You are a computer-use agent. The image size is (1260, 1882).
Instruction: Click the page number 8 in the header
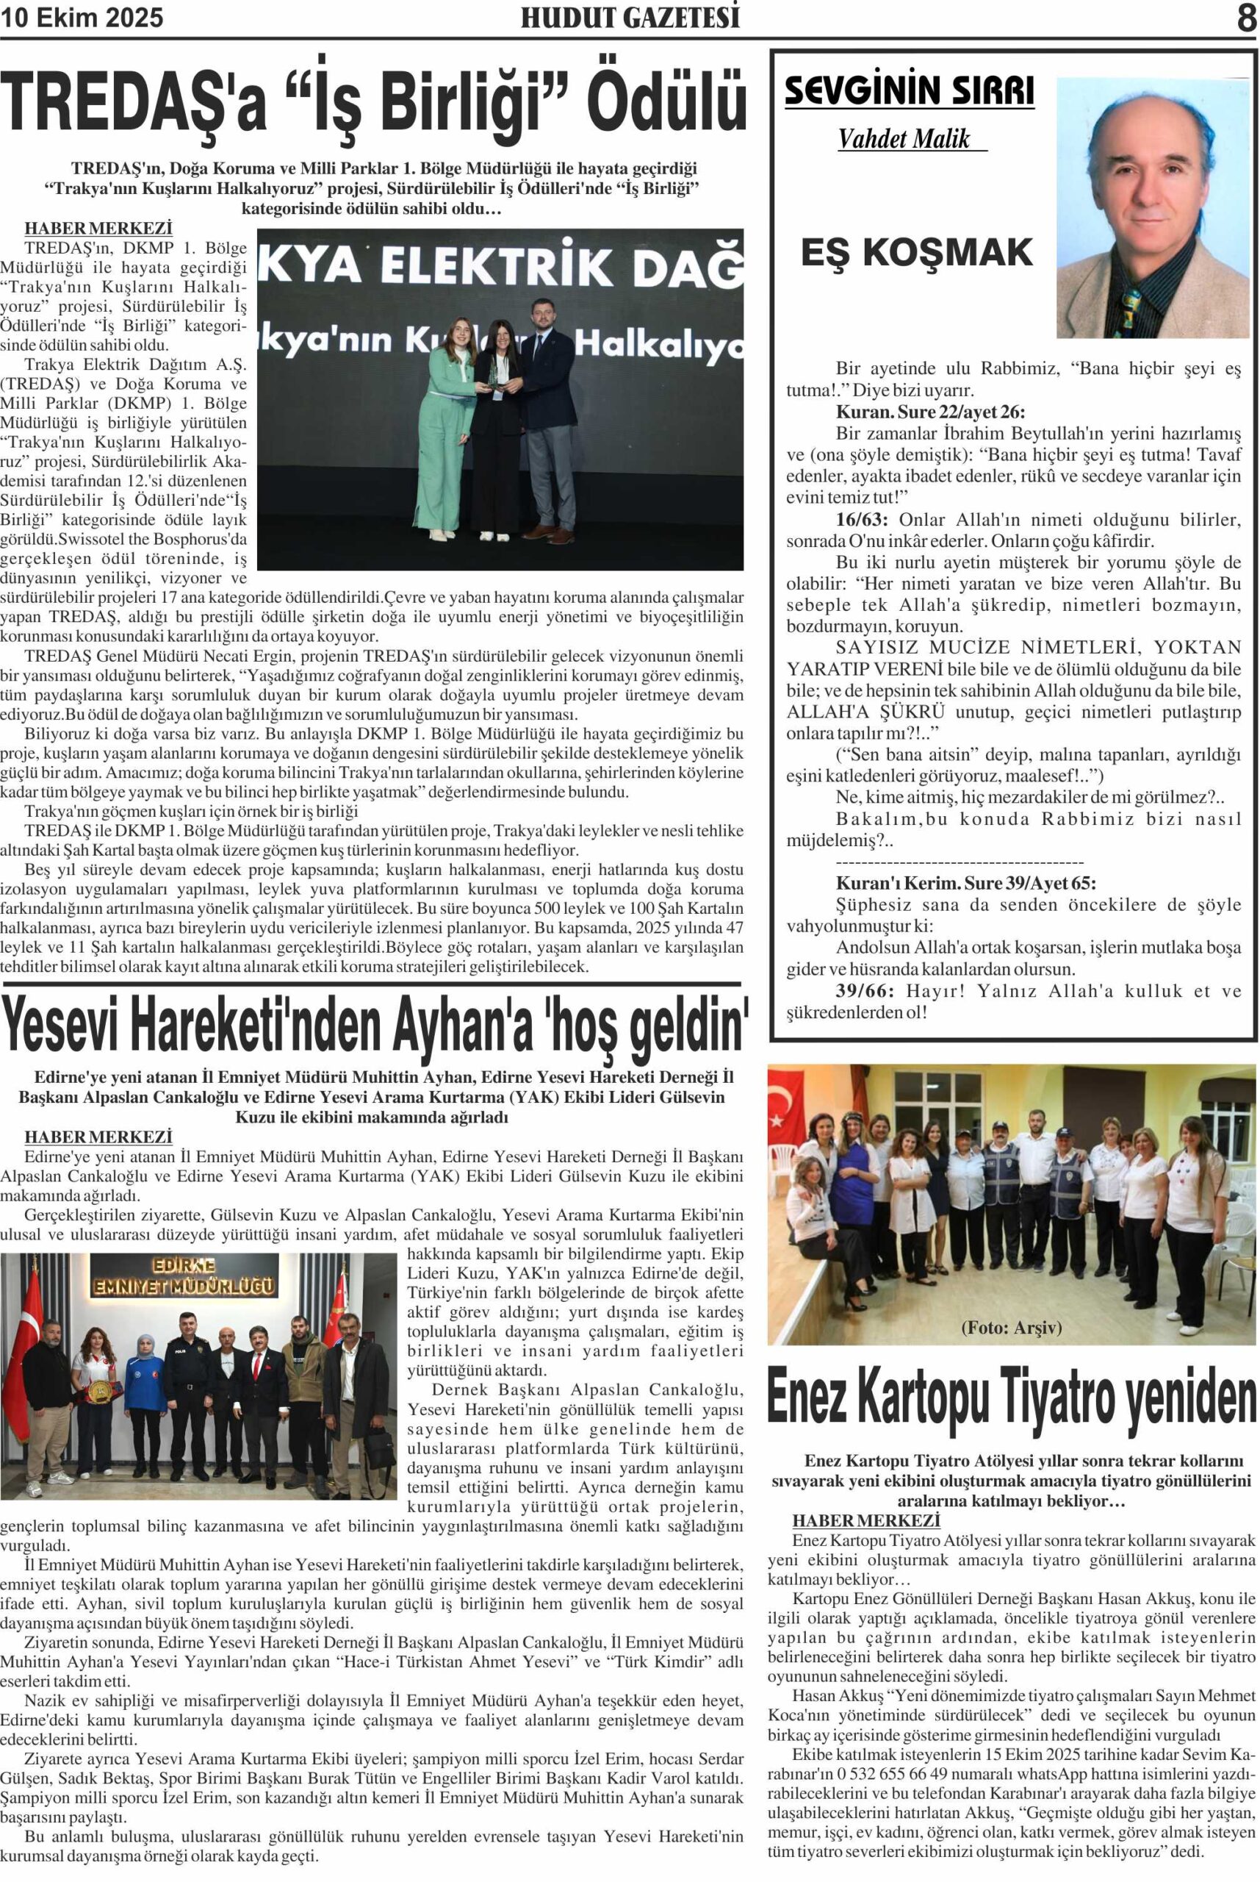click(x=1245, y=18)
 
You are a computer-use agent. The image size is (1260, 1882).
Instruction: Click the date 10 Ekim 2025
click(x=82, y=18)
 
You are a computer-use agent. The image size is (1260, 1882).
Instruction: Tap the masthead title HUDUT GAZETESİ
click(x=630, y=18)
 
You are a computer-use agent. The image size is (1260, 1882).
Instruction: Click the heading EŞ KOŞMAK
click(x=916, y=253)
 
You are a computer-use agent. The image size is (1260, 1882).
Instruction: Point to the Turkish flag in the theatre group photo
click(x=788, y=1109)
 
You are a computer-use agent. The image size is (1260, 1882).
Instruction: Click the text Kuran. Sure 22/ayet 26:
click(x=931, y=412)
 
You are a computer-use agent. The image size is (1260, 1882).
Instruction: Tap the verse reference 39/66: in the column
click(x=864, y=990)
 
